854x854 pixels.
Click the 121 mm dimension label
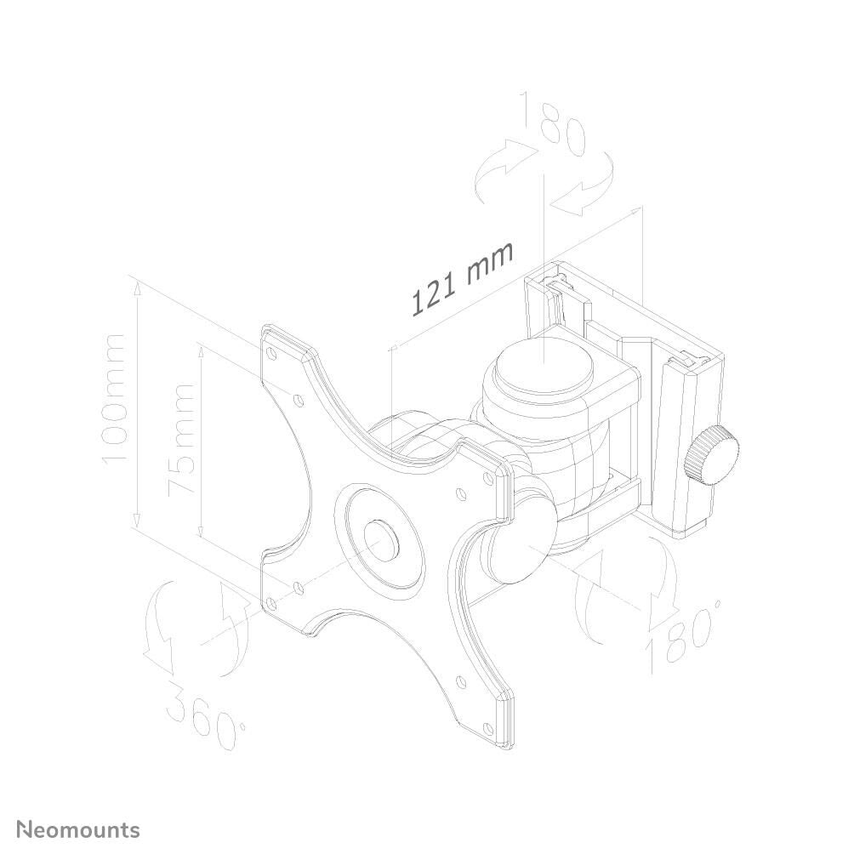coord(464,278)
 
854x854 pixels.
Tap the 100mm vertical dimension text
coord(113,398)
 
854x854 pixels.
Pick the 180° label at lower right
coord(685,634)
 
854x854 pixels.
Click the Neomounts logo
coord(79,829)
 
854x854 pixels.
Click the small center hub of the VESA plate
coord(380,538)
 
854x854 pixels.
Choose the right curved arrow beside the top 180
coord(587,187)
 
